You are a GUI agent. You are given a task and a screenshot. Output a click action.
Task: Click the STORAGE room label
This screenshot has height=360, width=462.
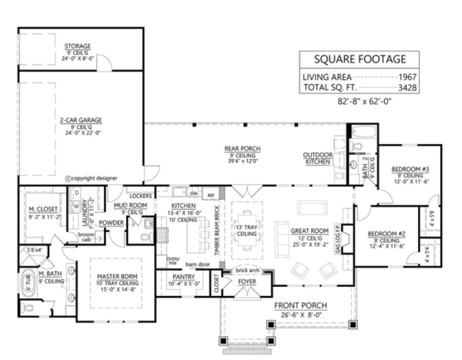(77, 46)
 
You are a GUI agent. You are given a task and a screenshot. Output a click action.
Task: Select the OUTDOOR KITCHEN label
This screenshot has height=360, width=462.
(317, 158)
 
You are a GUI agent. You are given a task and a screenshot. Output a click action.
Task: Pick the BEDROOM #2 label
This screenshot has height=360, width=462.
(386, 234)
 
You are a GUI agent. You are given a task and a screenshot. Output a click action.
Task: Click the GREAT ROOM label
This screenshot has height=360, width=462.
(307, 230)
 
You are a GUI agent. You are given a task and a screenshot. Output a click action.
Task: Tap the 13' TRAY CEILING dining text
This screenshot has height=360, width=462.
(247, 230)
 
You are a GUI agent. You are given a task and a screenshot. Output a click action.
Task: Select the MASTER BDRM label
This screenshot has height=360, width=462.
(113, 277)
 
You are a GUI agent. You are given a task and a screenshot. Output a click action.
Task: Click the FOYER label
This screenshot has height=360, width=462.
(248, 282)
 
